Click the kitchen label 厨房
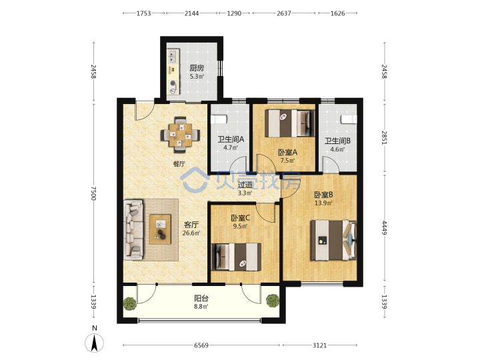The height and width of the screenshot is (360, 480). tap(197, 67)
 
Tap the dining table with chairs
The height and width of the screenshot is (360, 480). tap(181, 135)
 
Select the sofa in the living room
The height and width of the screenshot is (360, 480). tap(133, 230)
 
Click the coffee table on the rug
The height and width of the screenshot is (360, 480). tap(160, 229)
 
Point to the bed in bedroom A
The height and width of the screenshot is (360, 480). tap(289, 123)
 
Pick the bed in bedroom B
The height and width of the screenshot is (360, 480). tap(333, 240)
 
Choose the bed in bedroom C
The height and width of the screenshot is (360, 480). tap(236, 257)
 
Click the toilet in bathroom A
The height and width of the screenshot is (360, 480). tap(219, 119)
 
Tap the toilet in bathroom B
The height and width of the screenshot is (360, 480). tap(349, 119)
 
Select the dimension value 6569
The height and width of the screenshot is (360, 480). tap(201, 345)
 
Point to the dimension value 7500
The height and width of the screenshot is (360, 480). tap(93, 193)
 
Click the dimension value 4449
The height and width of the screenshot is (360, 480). tap(384, 227)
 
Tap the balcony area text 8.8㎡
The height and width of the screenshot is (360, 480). tap(201, 306)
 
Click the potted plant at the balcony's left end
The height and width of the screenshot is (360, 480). tap(130, 303)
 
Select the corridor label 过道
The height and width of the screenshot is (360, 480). tap(245, 185)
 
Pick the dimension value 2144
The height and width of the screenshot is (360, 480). tap(191, 13)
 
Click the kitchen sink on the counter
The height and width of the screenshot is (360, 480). tap(173, 56)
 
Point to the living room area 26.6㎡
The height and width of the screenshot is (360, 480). tap(191, 233)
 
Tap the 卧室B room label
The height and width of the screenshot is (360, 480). tap(323, 195)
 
